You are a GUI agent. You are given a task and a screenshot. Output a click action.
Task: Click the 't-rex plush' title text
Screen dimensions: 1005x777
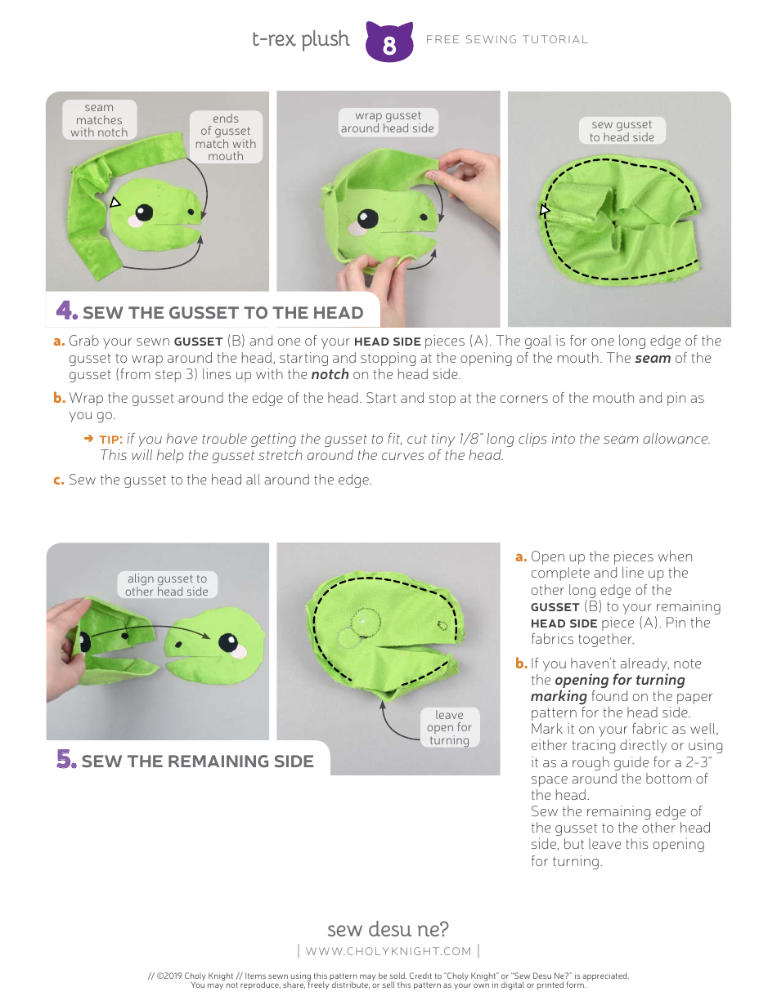(300, 39)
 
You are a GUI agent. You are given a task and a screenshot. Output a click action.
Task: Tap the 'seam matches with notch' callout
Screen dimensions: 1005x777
(99, 120)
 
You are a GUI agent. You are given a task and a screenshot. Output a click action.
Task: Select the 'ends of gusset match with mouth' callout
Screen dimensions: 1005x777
(226, 137)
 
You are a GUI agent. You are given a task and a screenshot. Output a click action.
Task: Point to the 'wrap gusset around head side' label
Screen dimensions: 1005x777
(388, 122)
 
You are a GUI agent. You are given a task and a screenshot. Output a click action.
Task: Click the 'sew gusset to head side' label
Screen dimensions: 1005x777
(622, 131)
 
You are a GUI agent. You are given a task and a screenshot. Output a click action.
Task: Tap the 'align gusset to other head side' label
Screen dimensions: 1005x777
(167, 585)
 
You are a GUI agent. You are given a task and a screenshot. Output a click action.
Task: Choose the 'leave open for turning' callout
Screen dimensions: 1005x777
(449, 727)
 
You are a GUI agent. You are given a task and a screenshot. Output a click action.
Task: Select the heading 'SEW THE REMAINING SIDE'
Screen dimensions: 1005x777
(197, 762)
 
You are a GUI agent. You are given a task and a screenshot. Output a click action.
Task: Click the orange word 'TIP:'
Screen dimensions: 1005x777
(111, 440)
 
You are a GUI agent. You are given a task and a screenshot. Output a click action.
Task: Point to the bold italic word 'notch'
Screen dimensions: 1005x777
(330, 374)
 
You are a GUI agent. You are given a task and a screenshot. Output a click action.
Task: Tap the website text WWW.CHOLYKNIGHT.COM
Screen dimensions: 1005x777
(388, 951)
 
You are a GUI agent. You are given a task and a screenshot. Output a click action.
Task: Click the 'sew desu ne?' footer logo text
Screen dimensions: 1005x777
(388, 929)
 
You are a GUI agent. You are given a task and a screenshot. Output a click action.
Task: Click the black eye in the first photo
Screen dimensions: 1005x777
(145, 213)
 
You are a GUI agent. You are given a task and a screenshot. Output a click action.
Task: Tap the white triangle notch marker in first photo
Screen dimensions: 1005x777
(115, 202)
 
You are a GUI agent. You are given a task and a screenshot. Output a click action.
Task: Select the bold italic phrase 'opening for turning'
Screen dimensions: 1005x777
(619, 680)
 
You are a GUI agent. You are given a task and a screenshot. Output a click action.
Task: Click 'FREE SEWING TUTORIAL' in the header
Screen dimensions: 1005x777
(507, 39)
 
